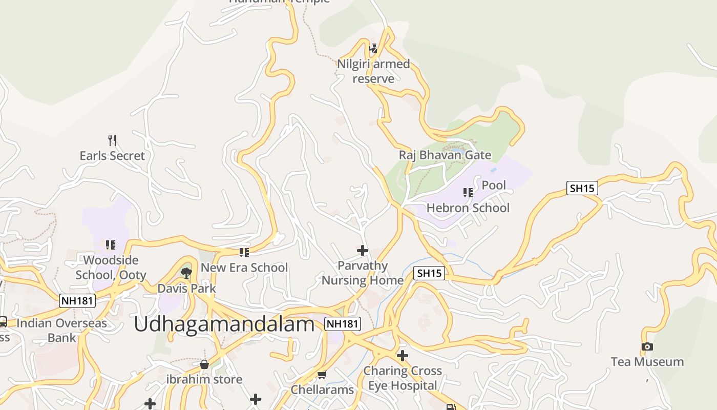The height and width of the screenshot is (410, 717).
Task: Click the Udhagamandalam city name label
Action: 224,325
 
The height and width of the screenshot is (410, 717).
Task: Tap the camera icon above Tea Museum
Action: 647,347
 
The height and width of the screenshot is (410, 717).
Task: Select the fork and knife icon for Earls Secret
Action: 112,140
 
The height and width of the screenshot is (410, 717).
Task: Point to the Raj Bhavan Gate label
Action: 445,155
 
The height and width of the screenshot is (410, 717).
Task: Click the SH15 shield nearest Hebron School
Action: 582,188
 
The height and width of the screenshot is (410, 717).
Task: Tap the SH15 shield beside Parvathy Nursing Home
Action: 429,273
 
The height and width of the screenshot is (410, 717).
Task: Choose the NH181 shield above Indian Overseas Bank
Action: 77,300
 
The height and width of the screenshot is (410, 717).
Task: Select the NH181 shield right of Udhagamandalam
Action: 343,323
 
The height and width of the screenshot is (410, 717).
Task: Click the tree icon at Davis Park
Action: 186,273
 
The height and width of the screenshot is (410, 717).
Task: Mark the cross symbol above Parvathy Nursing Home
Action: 362,251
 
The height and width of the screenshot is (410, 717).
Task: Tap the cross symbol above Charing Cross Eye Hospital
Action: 403,355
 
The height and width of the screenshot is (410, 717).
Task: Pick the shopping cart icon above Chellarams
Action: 322,375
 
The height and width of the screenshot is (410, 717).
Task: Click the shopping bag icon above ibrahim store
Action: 204,364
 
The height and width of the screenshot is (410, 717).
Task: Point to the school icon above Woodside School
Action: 111,245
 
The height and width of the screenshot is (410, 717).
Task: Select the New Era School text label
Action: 244,268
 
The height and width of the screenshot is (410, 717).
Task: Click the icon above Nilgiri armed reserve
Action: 373,49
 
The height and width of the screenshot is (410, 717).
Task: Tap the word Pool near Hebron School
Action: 494,185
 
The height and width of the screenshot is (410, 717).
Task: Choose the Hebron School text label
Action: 468,208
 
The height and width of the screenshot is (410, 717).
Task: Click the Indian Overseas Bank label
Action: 61,331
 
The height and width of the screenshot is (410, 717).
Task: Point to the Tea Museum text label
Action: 647,362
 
